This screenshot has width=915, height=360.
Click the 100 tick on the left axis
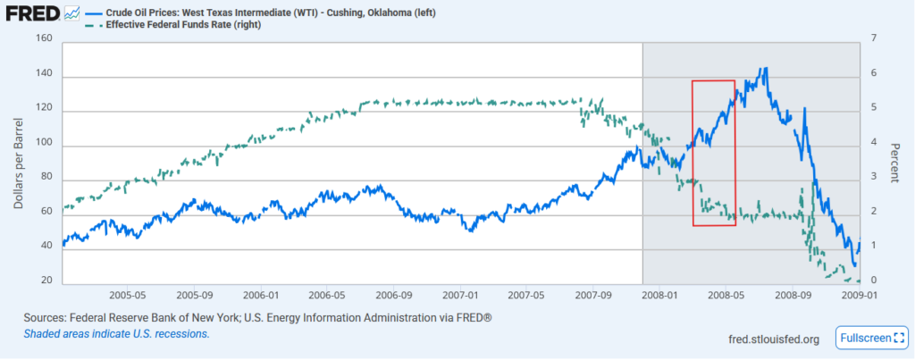click(46, 146)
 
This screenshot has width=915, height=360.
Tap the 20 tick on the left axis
click(48, 284)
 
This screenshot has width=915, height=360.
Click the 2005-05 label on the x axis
click(127, 294)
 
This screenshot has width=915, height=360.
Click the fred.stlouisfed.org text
click(774, 339)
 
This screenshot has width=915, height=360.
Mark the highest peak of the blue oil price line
click(763, 68)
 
